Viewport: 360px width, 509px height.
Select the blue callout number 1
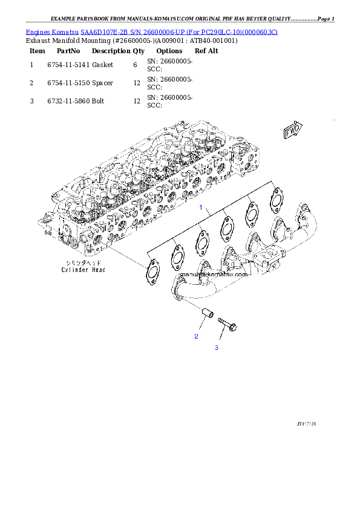[x=201, y=207]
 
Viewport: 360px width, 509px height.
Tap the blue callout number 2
[x=196, y=336]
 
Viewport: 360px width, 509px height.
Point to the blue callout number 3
[x=216, y=348]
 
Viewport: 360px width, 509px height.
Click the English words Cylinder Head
[x=83, y=270]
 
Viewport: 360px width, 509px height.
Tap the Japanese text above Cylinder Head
[x=83, y=262]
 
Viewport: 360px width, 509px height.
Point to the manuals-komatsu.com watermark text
[x=214, y=274]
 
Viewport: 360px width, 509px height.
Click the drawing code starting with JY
[x=306, y=424]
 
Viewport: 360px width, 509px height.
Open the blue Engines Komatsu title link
[x=151, y=31]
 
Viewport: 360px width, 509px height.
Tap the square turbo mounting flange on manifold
[x=265, y=264]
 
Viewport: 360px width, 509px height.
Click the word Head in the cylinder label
[x=97, y=270]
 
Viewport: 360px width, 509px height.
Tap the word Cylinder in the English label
[x=74, y=270]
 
